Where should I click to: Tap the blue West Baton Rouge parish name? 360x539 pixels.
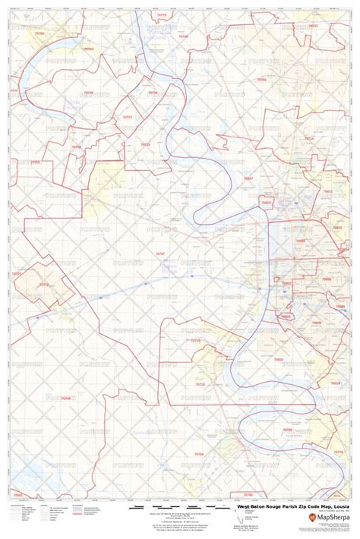click(x=169, y=265)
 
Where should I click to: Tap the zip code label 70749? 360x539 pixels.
click(x=88, y=93)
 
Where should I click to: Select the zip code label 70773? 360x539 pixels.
click(x=126, y=118)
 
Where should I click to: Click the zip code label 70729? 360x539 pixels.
click(x=144, y=143)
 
